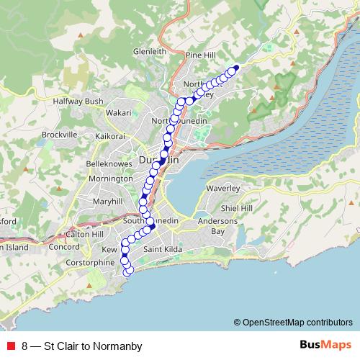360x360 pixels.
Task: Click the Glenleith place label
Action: [150, 52]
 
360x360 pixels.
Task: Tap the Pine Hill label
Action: [201, 54]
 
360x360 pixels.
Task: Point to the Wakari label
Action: [119, 113]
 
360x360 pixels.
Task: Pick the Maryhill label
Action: [107, 201]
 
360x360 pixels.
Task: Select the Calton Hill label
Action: [85, 235]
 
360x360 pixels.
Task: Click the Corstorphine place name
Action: [89, 263]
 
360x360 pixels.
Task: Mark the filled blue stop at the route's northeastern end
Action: [235, 68]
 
